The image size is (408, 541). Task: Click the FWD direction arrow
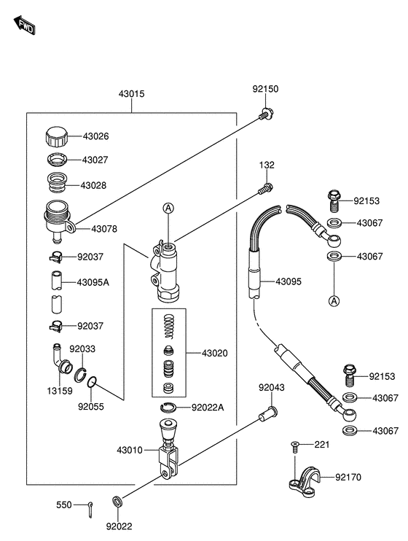click(25, 26)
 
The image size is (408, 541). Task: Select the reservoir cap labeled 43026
click(57, 137)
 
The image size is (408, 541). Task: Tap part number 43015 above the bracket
click(131, 94)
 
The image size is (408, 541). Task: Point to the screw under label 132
click(265, 189)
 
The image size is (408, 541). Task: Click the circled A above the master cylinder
click(168, 208)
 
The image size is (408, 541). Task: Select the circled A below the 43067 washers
click(334, 301)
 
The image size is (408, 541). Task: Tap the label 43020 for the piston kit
click(214, 354)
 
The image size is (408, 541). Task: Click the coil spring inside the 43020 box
click(169, 326)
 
